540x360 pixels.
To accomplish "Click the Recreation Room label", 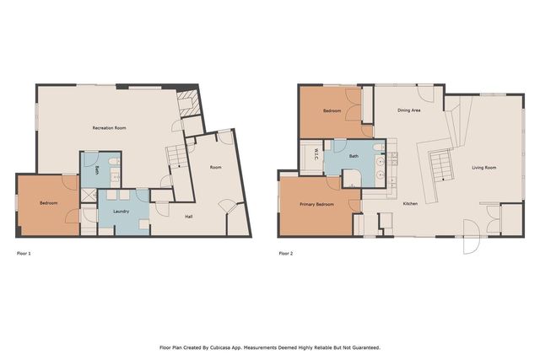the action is (x=109, y=128).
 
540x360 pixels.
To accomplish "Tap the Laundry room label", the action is (x=121, y=212).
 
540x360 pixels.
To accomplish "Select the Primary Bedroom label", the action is (x=316, y=204).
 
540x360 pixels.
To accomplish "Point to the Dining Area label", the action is (x=408, y=110).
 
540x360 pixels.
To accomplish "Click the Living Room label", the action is (x=483, y=168).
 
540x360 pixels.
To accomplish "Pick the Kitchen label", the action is (x=411, y=204).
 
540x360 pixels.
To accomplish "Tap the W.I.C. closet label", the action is (x=316, y=153).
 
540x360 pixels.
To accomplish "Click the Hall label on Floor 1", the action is (x=189, y=217).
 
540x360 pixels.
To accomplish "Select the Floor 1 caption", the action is (x=24, y=254).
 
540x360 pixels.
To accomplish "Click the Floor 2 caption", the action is (x=286, y=254).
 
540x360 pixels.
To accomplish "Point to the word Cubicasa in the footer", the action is (x=219, y=347).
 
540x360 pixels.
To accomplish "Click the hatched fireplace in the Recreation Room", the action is (x=188, y=104).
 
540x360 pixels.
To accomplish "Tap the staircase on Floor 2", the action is (x=440, y=165).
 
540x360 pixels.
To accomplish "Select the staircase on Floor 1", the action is (x=177, y=157).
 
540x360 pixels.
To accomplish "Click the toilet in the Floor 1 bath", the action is (x=114, y=162).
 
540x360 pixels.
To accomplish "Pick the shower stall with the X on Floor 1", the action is (x=89, y=196).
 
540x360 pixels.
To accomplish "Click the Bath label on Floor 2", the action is (x=354, y=156).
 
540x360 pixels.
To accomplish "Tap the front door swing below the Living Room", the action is (x=471, y=237).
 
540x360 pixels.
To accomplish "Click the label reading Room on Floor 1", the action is (x=216, y=168).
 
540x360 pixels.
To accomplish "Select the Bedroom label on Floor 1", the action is (x=49, y=203).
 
